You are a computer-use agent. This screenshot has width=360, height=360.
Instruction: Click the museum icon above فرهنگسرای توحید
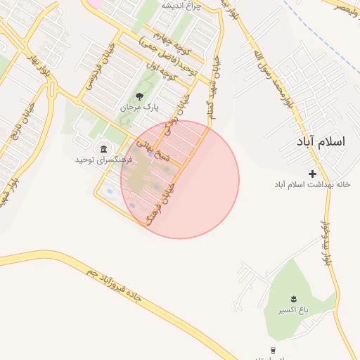click(x=104, y=148)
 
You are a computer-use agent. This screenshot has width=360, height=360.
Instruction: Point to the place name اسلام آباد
click(x=322, y=141)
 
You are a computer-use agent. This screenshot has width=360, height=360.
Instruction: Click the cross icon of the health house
click(x=312, y=173)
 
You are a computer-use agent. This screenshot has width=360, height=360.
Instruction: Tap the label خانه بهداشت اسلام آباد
click(x=312, y=184)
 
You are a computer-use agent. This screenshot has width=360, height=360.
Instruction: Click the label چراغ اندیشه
click(x=181, y=6)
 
